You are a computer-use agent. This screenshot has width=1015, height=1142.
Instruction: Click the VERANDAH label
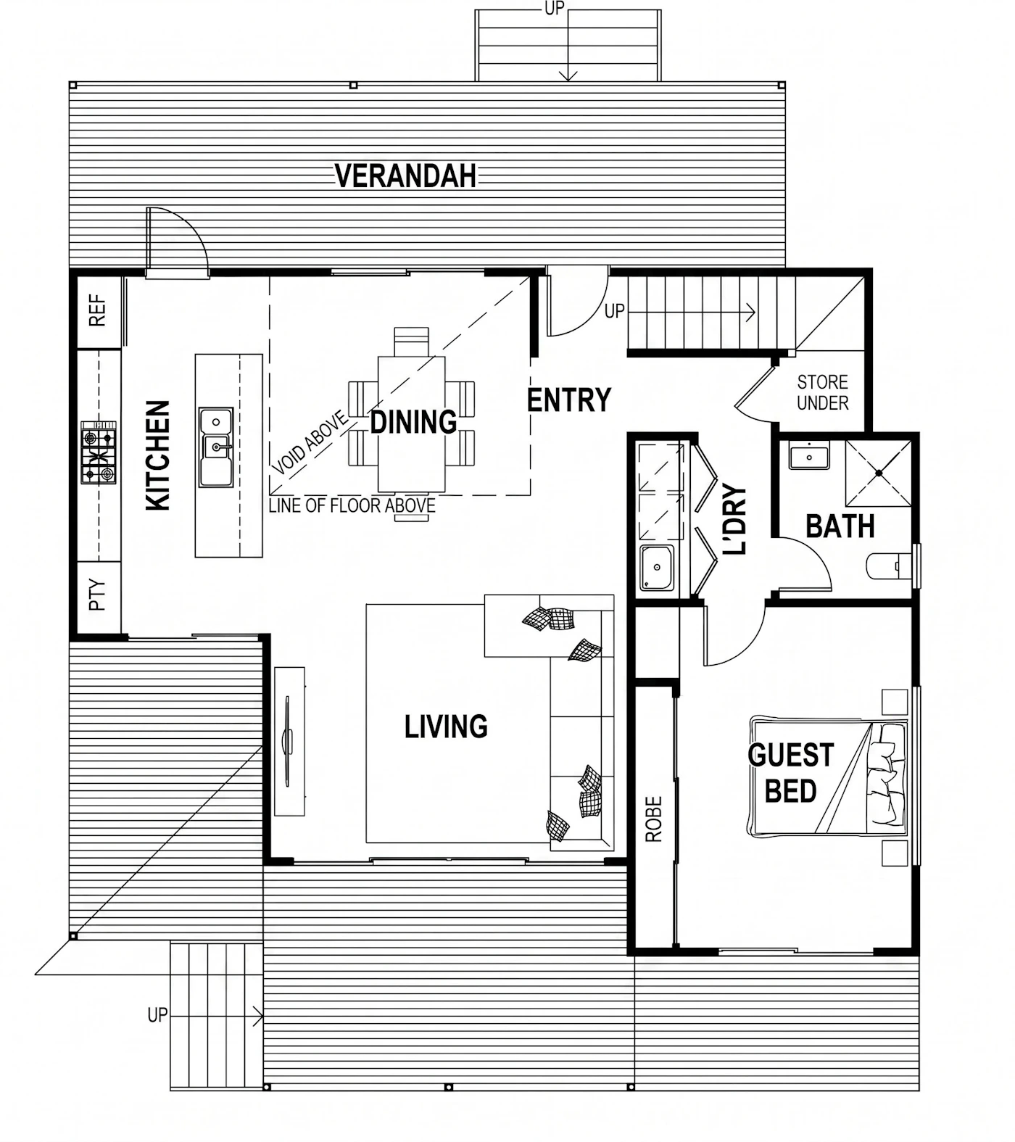(x=405, y=175)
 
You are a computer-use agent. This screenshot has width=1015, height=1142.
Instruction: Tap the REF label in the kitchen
(x=97, y=310)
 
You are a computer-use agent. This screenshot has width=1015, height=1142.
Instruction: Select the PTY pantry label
(x=97, y=595)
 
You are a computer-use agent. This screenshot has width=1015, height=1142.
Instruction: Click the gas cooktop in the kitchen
(x=99, y=452)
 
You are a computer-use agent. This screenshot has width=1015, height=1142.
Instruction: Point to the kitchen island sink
(x=216, y=447)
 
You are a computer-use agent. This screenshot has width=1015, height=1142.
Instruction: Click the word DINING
(x=413, y=421)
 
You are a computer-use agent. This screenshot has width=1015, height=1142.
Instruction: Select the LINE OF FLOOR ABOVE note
(x=352, y=505)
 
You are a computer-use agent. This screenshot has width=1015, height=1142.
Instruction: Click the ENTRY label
(x=569, y=400)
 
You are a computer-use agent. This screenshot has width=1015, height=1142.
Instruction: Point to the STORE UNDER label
(x=823, y=392)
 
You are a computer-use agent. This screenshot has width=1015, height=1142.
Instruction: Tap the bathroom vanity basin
(x=809, y=456)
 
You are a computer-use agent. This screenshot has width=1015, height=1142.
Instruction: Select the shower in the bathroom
(x=879, y=472)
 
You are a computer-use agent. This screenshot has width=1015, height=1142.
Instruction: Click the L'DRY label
(x=734, y=519)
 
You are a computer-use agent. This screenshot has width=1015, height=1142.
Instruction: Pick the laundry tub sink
(x=657, y=567)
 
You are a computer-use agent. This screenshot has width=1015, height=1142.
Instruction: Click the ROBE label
(x=654, y=819)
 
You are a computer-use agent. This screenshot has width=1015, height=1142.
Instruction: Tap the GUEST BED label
(x=791, y=773)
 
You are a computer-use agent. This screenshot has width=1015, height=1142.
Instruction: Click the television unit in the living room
(x=289, y=741)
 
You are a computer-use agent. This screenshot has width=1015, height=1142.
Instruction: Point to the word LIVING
(x=446, y=726)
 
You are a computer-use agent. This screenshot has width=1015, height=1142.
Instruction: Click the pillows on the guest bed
(x=887, y=774)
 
